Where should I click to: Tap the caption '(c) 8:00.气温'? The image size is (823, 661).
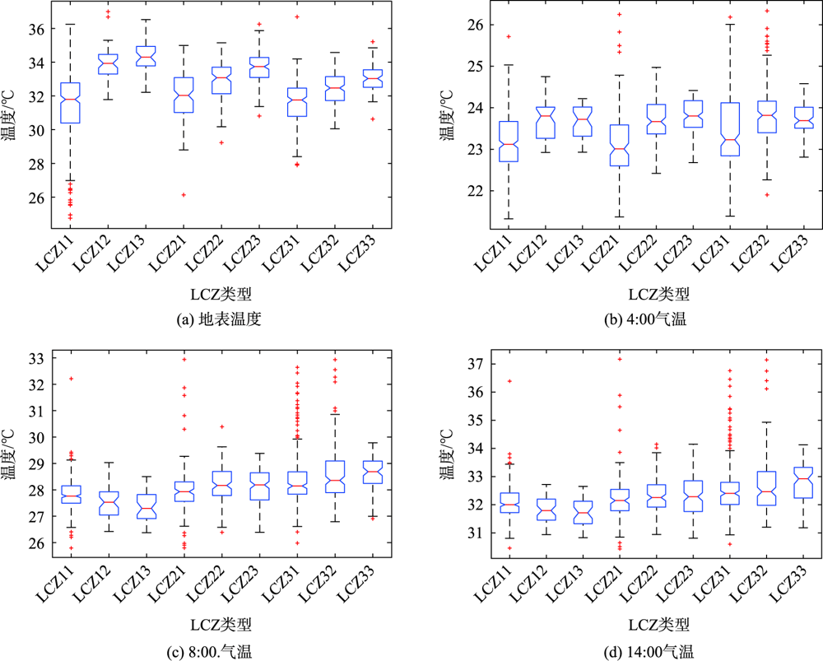click(x=209, y=653)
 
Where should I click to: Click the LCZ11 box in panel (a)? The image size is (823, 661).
click(x=71, y=102)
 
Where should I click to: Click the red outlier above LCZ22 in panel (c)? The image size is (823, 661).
click(x=221, y=426)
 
